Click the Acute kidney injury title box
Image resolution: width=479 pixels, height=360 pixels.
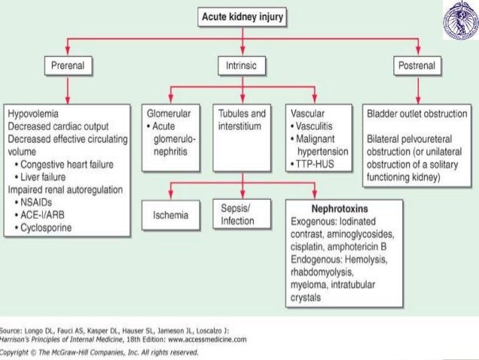point(242,17)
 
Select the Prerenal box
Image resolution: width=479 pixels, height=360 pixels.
point(66,66)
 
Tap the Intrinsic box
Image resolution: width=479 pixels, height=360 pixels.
point(242,66)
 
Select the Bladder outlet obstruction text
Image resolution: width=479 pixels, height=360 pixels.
point(417,114)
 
